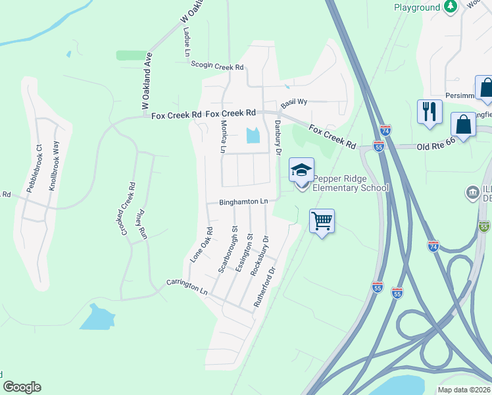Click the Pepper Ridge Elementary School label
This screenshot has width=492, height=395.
pyautogui.click(x=350, y=183)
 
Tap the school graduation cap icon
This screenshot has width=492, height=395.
pyautogui.click(x=301, y=171)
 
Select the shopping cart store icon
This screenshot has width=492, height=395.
pyautogui.click(x=322, y=221)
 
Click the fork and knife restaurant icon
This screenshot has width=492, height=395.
pyautogui.click(x=430, y=110)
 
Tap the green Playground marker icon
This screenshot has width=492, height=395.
pyautogui.click(x=450, y=7)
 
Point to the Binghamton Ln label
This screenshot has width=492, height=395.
pyautogui.click(x=245, y=201)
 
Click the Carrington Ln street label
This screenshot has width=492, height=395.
pyautogui.click(x=186, y=286)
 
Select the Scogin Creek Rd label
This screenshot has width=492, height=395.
pyautogui.click(x=217, y=66)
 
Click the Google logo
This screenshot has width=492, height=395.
pyautogui.click(x=22, y=387)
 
